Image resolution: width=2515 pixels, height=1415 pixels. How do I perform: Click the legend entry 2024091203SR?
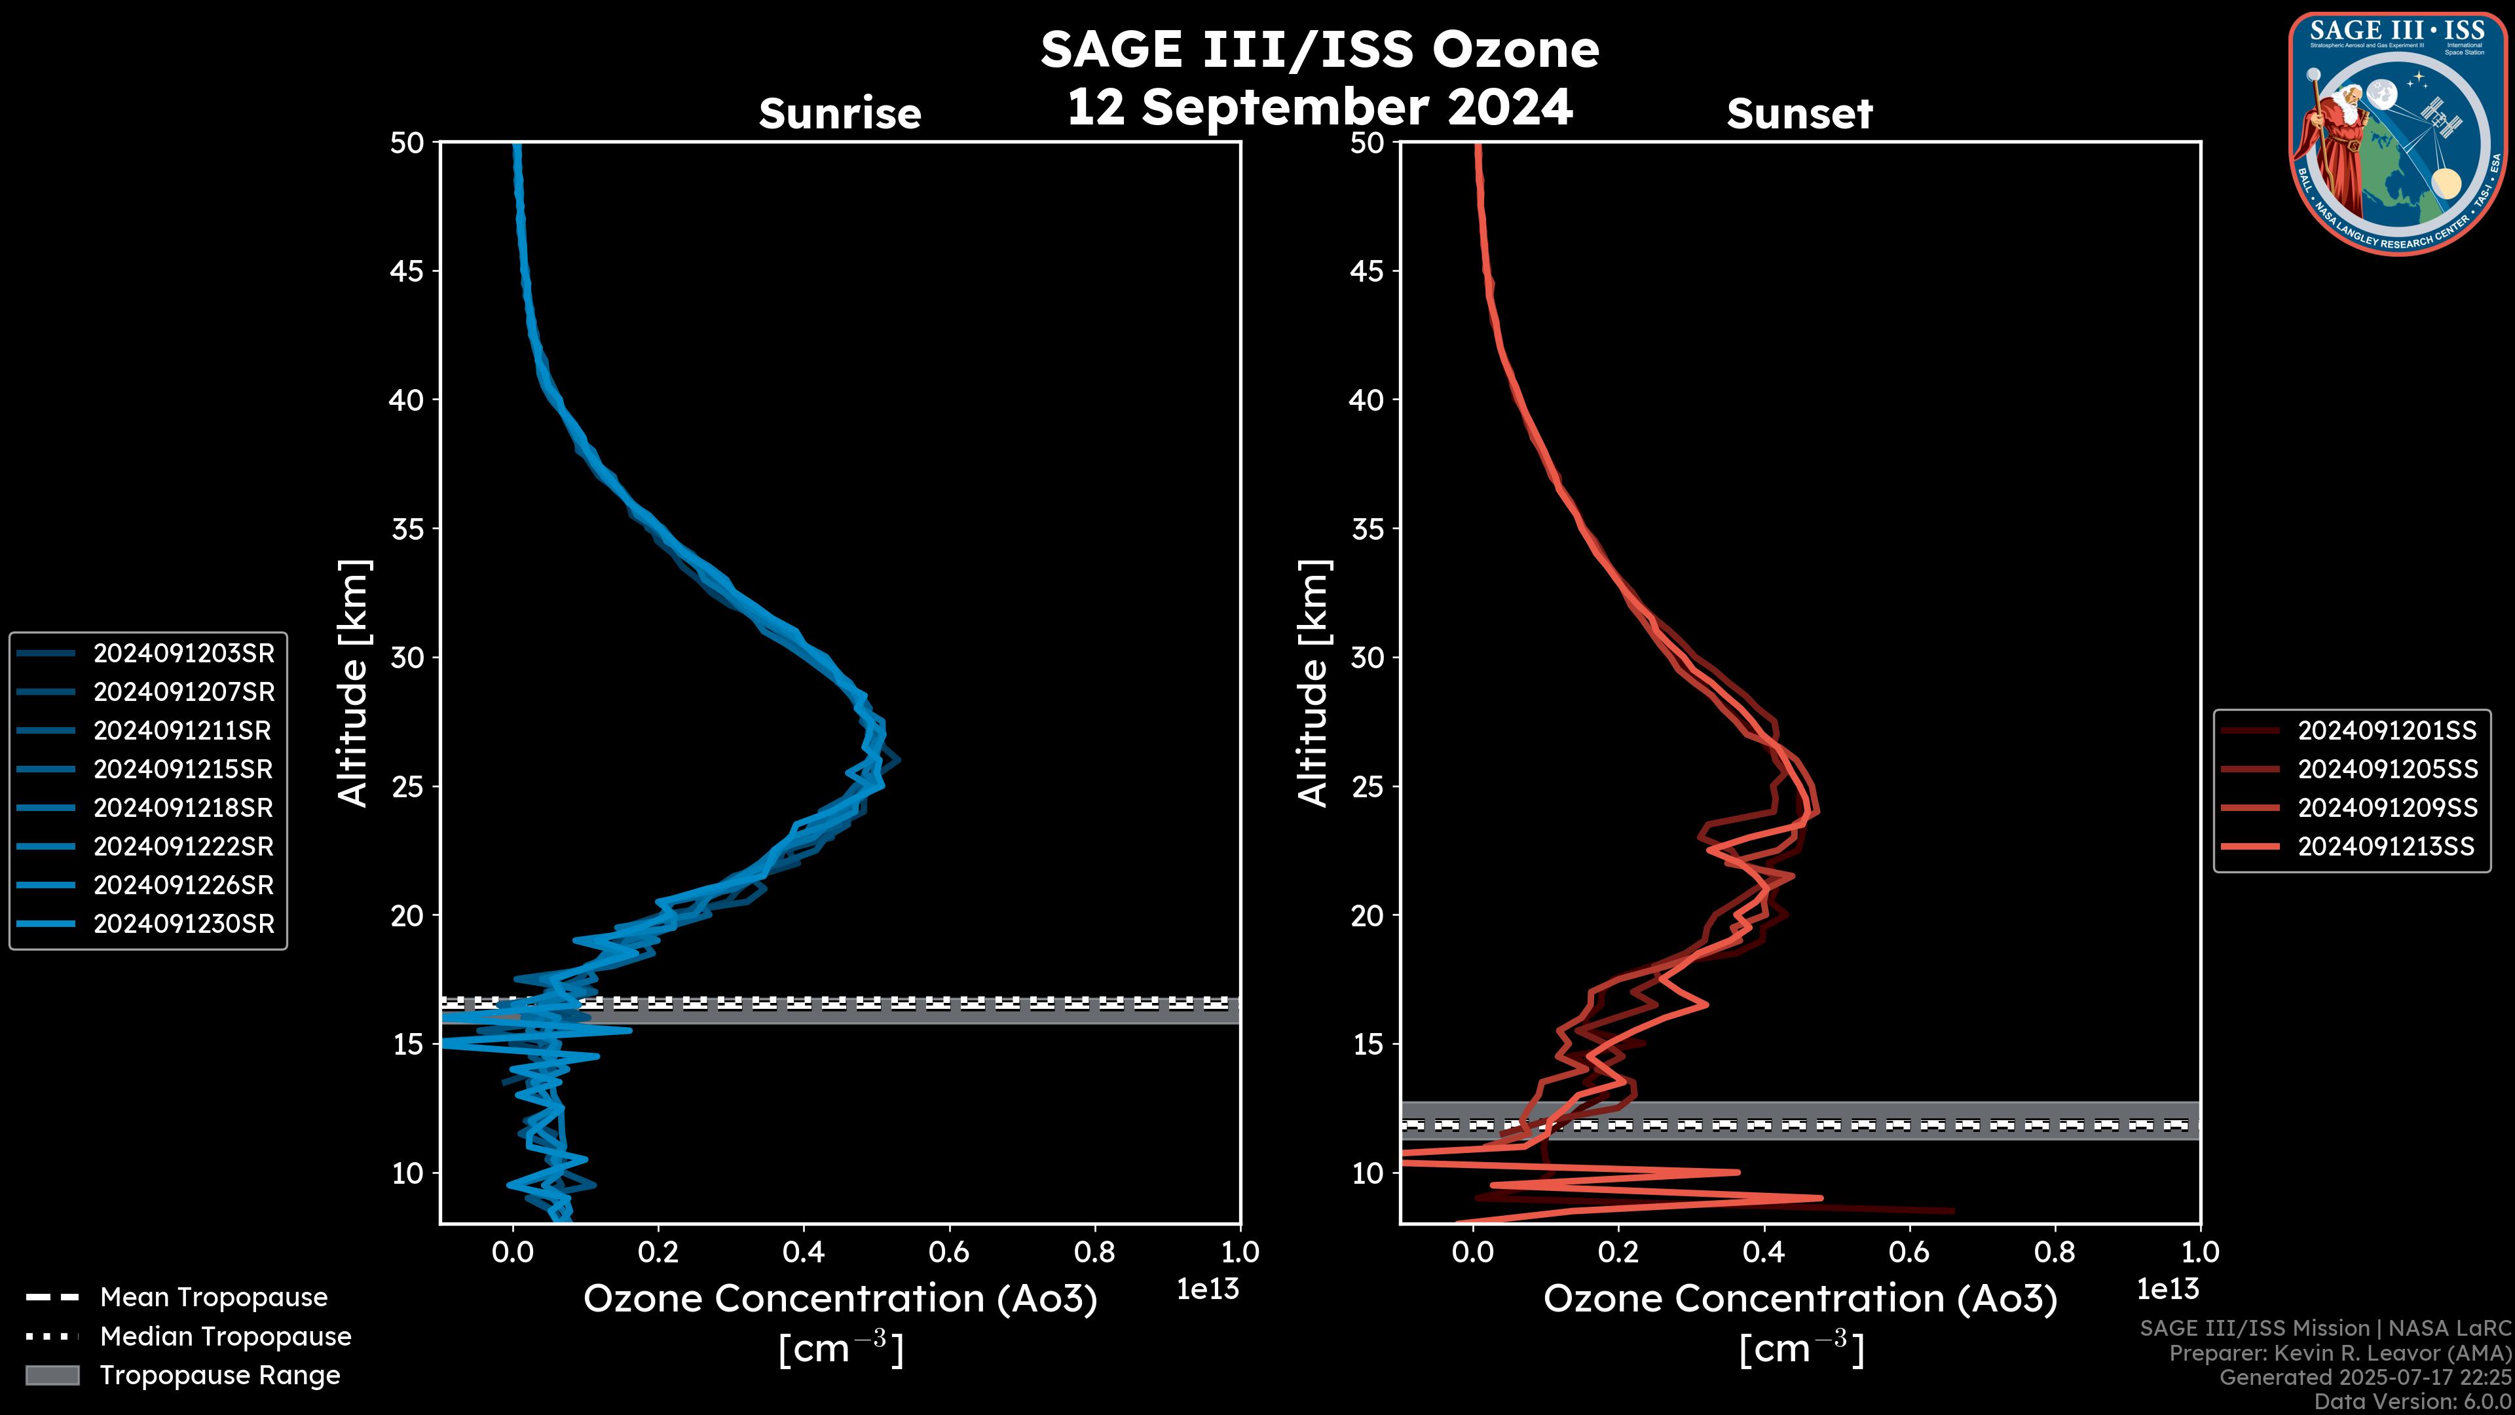click(183, 653)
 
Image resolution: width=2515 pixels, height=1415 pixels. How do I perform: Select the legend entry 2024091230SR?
click(183, 924)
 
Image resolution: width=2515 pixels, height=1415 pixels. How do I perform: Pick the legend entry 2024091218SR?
click(183, 808)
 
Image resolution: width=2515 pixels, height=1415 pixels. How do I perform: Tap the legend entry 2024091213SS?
click(2386, 846)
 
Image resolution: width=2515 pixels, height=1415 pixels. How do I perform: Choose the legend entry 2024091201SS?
click(2386, 730)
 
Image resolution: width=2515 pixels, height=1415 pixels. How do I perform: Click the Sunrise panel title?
click(840, 114)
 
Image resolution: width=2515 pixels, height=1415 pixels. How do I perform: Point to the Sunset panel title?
click(1799, 114)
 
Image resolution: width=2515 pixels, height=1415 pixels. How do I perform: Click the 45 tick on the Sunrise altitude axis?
click(407, 271)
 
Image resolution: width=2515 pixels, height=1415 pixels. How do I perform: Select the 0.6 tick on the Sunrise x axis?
click(949, 1252)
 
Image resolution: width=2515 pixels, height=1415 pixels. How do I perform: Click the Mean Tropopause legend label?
click(214, 1297)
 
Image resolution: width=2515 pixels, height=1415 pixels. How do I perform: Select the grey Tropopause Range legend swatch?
click(52, 1375)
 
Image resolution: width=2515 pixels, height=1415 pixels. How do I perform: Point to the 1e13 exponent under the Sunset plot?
click(2167, 1289)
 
